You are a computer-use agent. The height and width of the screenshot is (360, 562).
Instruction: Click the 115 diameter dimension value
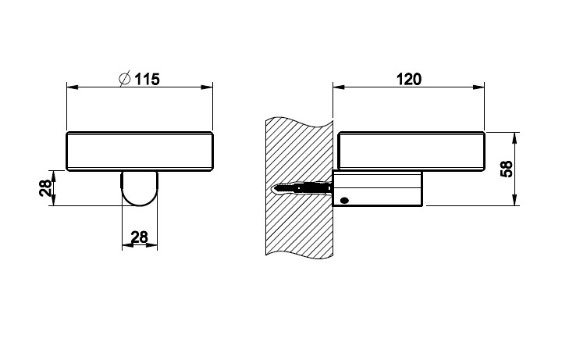147,79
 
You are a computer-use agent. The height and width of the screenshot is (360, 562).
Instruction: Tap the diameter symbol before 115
124,79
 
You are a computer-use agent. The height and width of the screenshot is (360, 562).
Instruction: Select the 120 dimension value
409,79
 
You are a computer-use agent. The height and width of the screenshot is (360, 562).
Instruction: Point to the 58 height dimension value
507,169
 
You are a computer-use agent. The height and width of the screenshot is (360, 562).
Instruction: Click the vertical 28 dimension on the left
44,188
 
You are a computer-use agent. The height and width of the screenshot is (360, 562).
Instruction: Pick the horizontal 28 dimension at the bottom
140,237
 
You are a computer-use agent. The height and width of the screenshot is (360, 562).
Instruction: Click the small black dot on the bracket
344,201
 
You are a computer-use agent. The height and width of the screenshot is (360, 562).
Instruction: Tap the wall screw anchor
303,188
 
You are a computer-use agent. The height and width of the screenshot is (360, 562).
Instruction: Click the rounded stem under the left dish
140,188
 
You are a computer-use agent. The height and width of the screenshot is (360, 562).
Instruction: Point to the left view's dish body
140,151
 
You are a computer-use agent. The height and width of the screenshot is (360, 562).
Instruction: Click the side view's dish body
412,151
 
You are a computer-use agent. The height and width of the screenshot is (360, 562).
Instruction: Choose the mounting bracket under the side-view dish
378,188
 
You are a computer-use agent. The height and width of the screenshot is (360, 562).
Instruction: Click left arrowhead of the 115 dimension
73,87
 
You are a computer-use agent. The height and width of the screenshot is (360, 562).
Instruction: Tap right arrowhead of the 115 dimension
207,87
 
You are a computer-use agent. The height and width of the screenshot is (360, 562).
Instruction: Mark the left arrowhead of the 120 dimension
339,87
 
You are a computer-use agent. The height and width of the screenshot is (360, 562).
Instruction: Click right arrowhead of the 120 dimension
478,87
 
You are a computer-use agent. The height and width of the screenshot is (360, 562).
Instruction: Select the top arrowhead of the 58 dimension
515,138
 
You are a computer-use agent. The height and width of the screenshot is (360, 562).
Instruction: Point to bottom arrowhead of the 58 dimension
515,200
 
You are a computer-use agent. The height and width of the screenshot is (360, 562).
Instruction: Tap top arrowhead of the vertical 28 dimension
53,176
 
